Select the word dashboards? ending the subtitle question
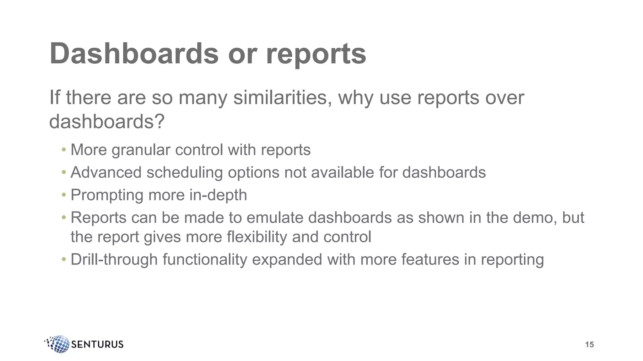[107, 121]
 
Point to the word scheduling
[185, 173]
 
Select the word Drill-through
[114, 259]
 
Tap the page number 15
[589, 345]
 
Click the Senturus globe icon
[58, 344]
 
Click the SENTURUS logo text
[97, 344]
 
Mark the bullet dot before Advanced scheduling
[64, 172]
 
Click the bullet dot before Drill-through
[64, 259]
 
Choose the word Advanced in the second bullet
[106, 173]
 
